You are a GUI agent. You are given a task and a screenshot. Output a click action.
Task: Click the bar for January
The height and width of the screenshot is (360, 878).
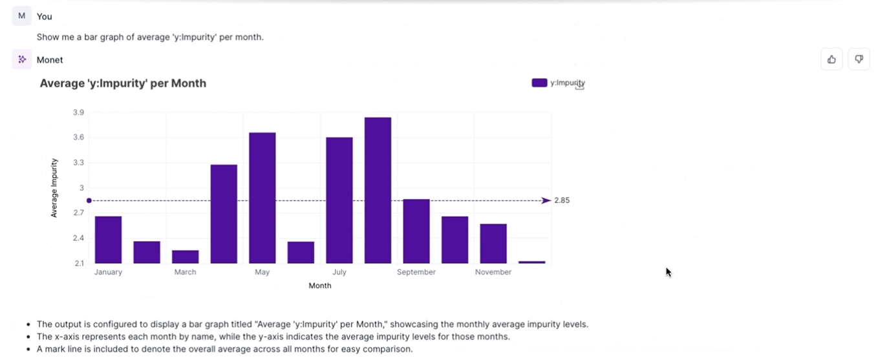tap(108, 240)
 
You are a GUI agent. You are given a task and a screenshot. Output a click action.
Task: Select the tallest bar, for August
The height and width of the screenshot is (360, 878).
tap(378, 191)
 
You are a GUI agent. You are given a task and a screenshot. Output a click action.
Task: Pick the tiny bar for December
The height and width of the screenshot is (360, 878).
tap(531, 262)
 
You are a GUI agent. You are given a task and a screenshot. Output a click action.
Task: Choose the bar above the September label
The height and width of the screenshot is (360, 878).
tap(416, 231)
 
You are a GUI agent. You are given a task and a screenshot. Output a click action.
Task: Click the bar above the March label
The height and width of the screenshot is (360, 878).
tap(185, 257)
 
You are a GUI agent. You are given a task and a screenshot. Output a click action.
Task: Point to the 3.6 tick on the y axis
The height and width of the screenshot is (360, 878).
tap(78, 138)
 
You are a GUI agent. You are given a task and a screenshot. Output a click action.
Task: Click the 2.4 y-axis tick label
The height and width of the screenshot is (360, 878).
tap(78, 238)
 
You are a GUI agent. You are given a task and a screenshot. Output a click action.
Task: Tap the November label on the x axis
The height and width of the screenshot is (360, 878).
tap(493, 272)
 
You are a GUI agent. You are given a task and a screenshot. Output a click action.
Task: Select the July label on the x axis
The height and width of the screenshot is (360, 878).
tap(339, 272)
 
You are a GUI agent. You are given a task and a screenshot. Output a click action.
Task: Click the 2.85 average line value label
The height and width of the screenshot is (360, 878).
tap(562, 200)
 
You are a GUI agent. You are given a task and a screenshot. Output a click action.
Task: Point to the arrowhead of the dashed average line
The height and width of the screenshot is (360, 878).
tap(546, 200)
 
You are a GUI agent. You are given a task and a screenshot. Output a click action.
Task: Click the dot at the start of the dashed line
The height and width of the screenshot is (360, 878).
tap(89, 200)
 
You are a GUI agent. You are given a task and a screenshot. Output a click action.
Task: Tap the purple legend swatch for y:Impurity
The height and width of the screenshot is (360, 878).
tap(539, 83)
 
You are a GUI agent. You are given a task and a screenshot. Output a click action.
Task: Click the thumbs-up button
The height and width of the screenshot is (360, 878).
tap(831, 59)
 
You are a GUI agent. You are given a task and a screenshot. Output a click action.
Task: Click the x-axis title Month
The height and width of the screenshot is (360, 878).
tap(320, 286)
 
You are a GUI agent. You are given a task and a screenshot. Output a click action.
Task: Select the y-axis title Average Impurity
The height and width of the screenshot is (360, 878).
tap(54, 187)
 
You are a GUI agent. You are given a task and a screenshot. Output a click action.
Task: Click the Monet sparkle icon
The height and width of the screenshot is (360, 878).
tap(22, 59)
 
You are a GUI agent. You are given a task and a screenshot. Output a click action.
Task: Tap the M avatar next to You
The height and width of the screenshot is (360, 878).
tap(22, 16)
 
